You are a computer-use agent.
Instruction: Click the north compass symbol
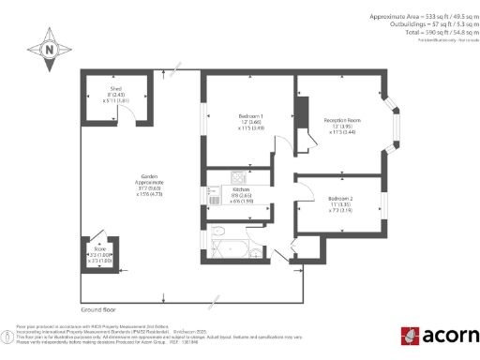[49, 49]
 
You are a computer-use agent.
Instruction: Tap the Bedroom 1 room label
[250, 122]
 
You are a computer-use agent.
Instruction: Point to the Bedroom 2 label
[341, 204]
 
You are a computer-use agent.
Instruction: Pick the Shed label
[117, 94]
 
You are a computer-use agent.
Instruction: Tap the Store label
[99, 253]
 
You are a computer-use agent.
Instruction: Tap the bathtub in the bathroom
[230, 247]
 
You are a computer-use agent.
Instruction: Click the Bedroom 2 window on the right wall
[384, 204]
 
